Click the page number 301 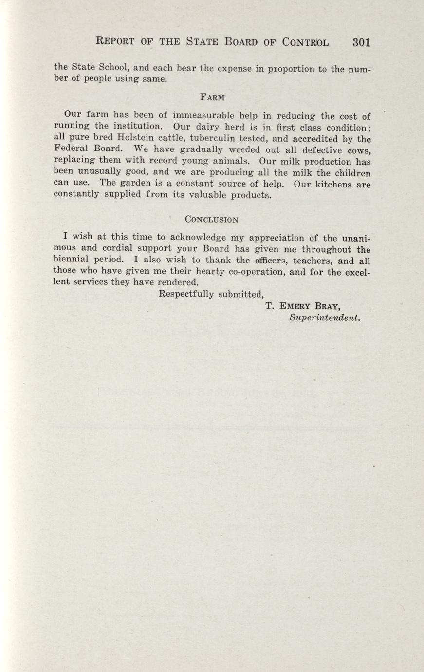[x=361, y=42]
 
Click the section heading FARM [x=212, y=97]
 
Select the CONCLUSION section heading [x=212, y=219]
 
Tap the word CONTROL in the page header [x=305, y=42]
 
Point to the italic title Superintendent [x=325, y=317]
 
